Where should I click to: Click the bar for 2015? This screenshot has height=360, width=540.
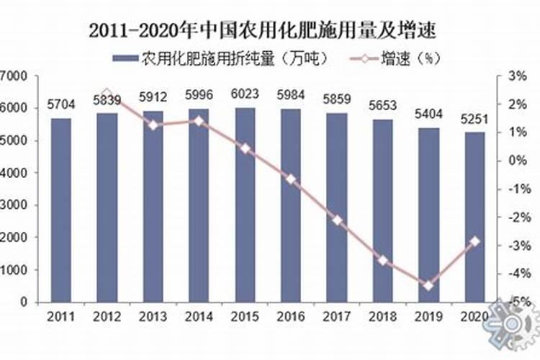[x=246, y=205]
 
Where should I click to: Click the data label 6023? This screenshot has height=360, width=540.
[x=246, y=94]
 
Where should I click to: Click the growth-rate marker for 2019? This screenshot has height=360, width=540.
[x=428, y=286]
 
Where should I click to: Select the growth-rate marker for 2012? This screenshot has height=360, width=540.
[x=107, y=94]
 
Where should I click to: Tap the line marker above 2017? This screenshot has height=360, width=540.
[x=337, y=220]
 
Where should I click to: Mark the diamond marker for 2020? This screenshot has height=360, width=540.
[x=474, y=241]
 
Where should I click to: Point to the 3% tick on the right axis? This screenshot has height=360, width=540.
[x=518, y=76]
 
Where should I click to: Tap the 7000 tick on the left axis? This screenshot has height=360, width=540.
[x=14, y=76]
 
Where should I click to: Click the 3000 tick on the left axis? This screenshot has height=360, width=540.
[x=14, y=205]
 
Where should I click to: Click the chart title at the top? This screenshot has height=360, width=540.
[x=264, y=31]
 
